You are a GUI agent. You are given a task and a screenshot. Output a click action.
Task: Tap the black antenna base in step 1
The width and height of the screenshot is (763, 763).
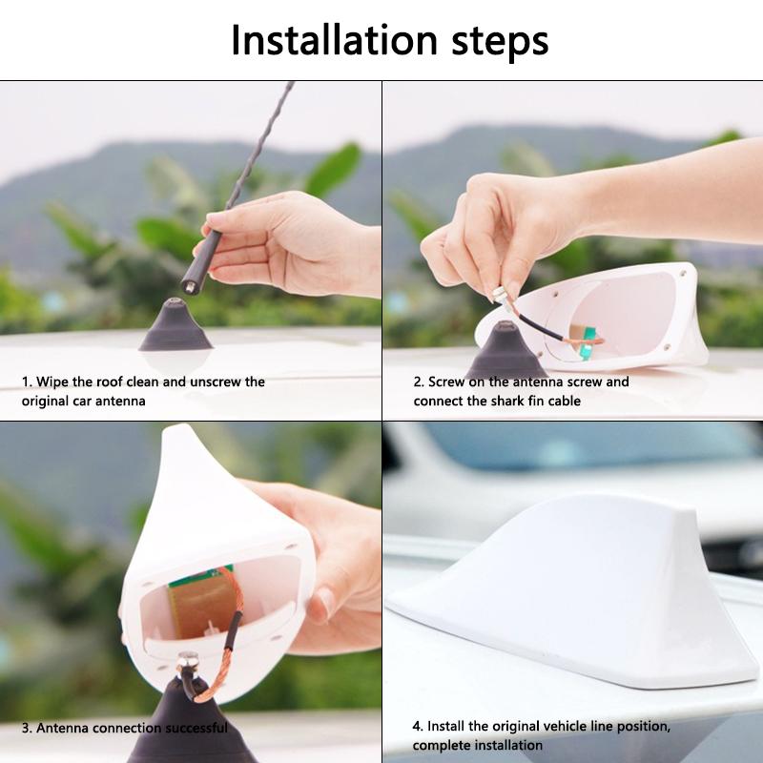coord(175,328)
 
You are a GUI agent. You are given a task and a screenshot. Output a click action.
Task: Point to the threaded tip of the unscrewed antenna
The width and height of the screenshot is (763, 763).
coord(190,283)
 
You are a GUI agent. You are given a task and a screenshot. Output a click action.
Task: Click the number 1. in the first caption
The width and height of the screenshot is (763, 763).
coord(28,381)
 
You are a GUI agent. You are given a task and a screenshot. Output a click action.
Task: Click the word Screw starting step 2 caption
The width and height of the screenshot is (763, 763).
coord(446,381)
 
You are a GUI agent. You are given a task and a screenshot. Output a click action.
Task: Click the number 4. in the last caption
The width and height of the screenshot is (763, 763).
coord(419,727)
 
